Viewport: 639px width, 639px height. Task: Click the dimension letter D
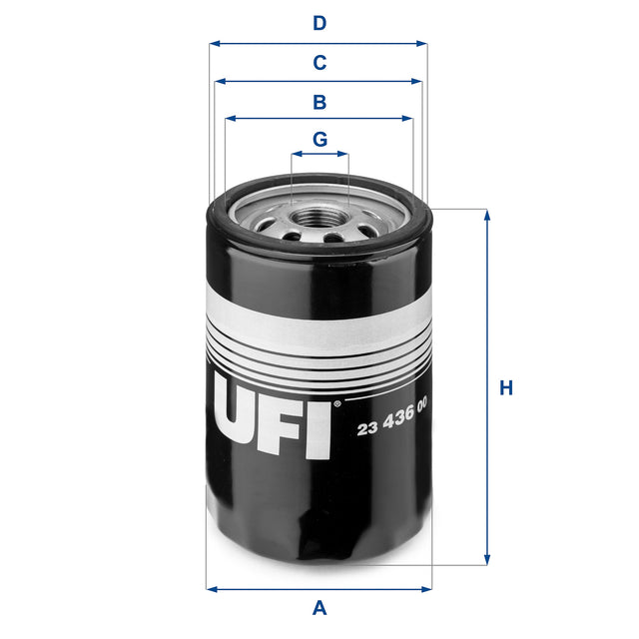pos(319,22)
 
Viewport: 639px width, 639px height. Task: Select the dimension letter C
pos(319,63)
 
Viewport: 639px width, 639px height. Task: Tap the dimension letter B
pos(319,102)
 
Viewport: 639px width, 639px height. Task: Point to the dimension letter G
pos(319,139)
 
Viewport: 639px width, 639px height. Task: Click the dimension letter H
pos(506,387)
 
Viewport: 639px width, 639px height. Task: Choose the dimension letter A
pos(319,606)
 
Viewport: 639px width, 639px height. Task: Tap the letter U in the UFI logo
pos(240,417)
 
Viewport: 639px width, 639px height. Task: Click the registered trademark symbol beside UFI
pos(336,404)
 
